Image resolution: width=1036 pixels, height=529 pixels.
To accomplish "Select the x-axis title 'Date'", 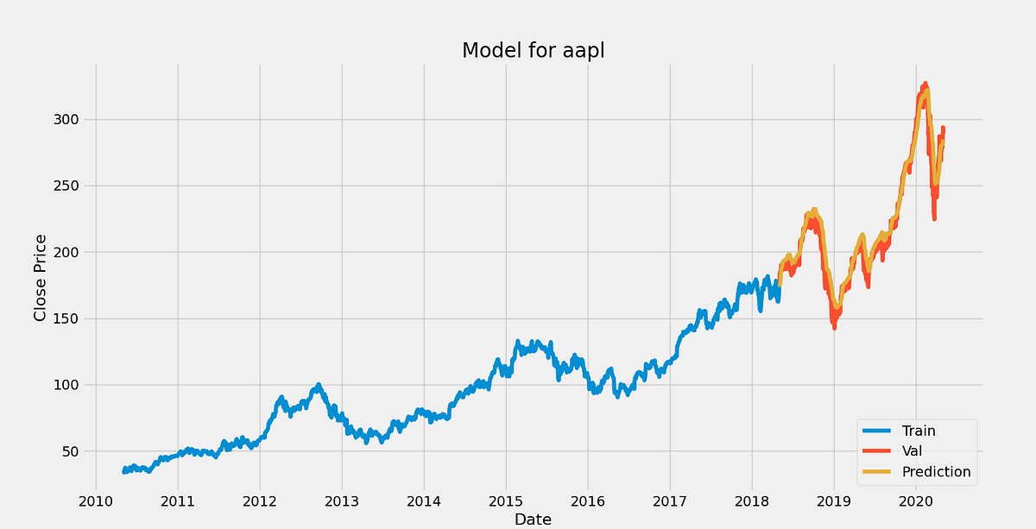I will pos(533,519).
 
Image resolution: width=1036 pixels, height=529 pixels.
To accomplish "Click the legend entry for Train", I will pos(919,431).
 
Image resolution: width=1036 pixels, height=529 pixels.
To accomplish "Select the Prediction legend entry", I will pos(936,472).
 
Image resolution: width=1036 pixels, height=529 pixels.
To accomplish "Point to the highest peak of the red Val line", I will pos(925,84).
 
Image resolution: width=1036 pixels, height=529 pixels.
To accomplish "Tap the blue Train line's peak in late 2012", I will pos(319,385).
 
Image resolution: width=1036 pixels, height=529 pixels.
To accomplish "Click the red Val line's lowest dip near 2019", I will pos(834,328).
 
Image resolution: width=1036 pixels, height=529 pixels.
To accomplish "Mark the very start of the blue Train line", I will pos(124,472).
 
